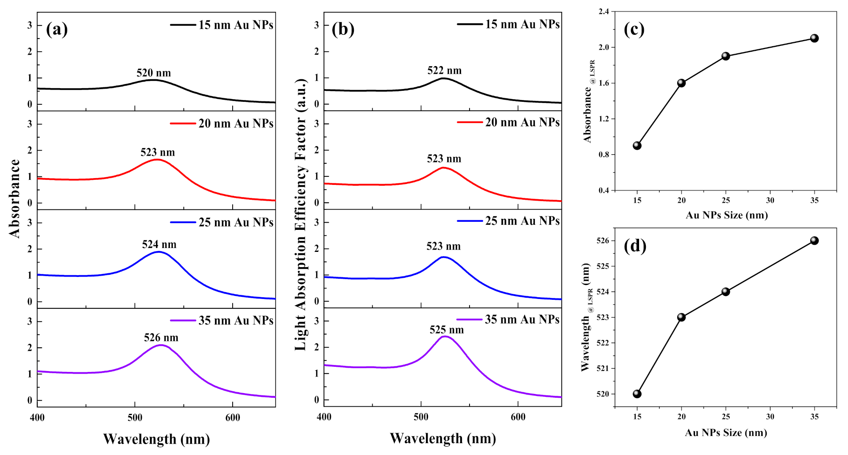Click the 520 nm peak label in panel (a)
153,73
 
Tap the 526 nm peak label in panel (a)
161,338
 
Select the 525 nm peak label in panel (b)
447,330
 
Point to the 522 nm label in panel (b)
444,70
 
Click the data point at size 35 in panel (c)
814,38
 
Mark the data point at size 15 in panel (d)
637,394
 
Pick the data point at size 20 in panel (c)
681,83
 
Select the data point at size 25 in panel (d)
726,292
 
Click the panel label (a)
57,29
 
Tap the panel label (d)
635,246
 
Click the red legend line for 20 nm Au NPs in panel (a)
183,123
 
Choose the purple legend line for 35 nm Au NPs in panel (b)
469,319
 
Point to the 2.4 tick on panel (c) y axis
603,11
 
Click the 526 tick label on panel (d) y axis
602,240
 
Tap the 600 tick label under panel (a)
233,418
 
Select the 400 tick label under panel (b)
324,417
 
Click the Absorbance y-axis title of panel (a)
14,198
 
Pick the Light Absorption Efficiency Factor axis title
300,214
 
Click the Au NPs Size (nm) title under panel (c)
726,215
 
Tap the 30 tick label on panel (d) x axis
770,416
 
